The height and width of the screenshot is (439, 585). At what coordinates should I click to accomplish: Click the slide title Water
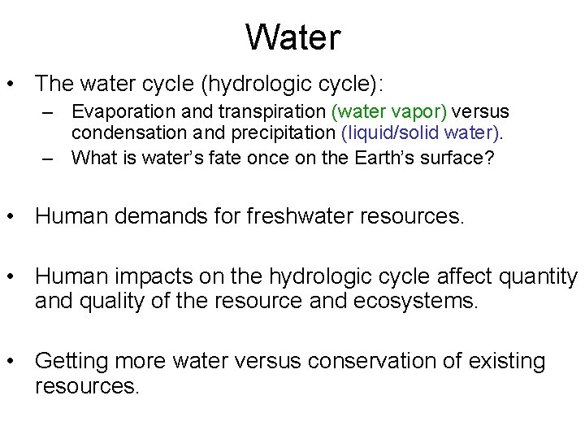click(x=292, y=37)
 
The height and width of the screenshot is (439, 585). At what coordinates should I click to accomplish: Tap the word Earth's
click(x=383, y=158)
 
